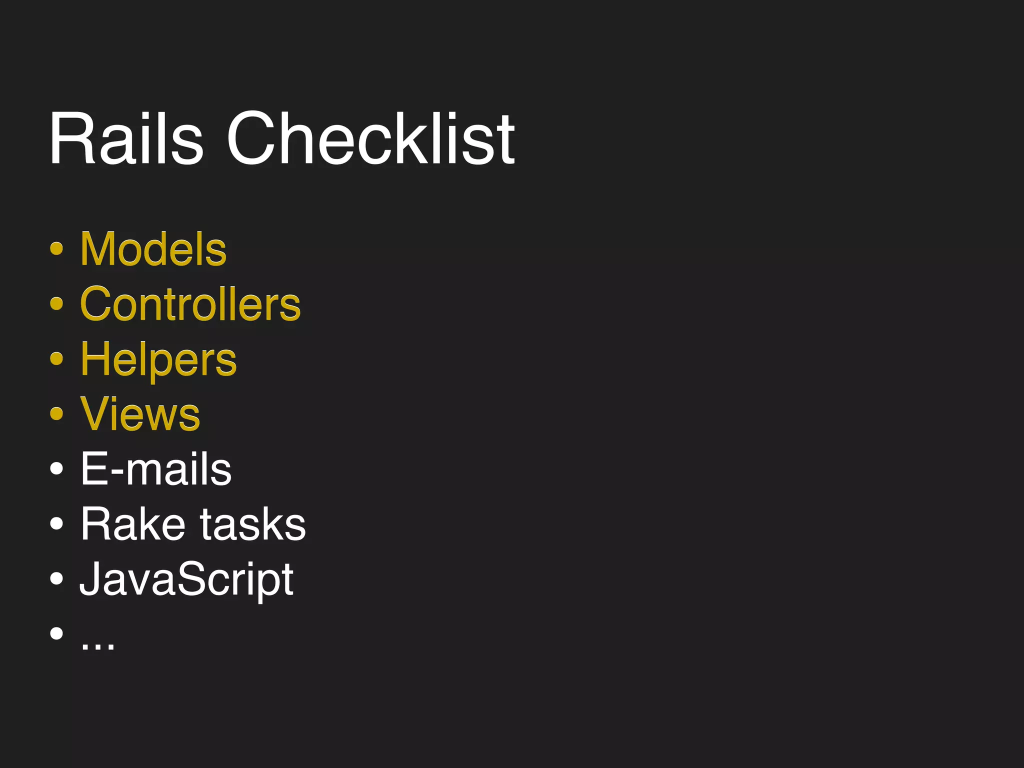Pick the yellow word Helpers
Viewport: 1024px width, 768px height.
(x=158, y=360)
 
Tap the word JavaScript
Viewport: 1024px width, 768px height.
(x=186, y=580)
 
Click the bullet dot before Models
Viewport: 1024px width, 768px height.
(x=57, y=248)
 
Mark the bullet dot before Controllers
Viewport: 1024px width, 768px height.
(x=57, y=303)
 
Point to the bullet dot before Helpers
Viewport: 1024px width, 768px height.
(x=57, y=358)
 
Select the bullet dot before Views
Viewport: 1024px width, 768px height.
(x=57, y=413)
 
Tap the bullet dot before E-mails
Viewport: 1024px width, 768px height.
(x=57, y=468)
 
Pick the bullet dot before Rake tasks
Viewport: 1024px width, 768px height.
(x=57, y=523)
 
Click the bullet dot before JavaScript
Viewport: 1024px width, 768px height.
(x=57, y=578)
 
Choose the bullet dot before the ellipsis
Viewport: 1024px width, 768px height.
(x=57, y=633)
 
